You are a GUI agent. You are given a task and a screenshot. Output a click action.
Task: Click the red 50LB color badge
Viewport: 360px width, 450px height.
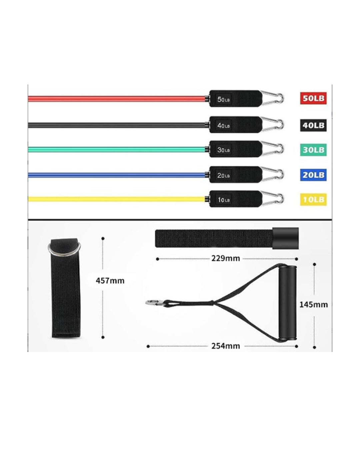[313, 98]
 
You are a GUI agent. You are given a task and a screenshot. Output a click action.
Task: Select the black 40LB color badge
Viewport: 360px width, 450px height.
[313, 125]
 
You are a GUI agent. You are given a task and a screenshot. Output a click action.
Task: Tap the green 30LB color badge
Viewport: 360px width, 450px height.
[313, 150]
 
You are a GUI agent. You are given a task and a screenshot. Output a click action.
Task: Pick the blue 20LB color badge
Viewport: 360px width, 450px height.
[313, 175]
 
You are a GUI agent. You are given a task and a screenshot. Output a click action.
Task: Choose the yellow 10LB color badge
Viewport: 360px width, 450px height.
[313, 199]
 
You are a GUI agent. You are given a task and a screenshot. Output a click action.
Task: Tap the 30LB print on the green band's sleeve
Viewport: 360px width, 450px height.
[223, 150]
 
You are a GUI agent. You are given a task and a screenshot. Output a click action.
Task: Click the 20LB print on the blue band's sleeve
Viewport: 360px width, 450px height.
[223, 175]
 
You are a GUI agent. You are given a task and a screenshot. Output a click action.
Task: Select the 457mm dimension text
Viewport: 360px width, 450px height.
[110, 281]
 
